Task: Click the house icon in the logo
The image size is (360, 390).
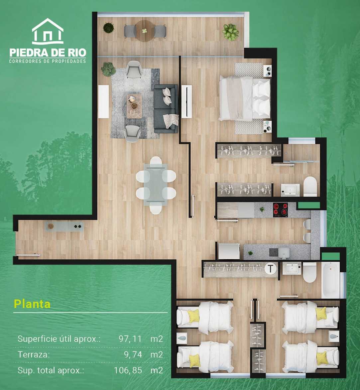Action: (x=48, y=31)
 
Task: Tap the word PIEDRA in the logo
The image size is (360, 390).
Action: (x=28, y=53)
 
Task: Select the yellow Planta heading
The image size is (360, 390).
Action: (x=32, y=304)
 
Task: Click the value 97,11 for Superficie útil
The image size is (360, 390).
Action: (x=130, y=339)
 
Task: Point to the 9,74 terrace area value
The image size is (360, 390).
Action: (x=133, y=354)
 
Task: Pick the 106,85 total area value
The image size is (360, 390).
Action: (x=128, y=370)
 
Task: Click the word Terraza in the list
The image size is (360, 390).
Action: (x=34, y=354)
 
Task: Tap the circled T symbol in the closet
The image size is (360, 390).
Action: (x=270, y=269)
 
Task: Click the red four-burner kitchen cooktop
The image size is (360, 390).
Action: (x=281, y=210)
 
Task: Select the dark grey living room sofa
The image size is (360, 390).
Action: (x=166, y=109)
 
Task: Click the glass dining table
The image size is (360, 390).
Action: (x=156, y=185)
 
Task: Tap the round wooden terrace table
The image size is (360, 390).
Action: (x=145, y=31)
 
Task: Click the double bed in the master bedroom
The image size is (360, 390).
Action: (x=245, y=98)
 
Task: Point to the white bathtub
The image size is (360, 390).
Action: (x=330, y=280)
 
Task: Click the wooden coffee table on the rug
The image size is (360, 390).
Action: (x=134, y=106)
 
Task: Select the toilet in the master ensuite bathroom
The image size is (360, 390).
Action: (x=310, y=186)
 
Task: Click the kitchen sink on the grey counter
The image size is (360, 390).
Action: (x=284, y=253)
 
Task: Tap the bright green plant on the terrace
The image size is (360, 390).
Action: (x=231, y=32)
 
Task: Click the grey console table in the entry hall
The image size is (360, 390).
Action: (x=64, y=226)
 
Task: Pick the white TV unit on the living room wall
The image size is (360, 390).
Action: (x=103, y=101)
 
